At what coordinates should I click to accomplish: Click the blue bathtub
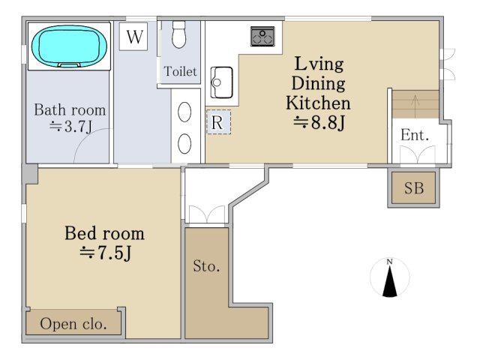[x=69, y=46]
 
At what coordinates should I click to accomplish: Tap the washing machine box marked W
[x=133, y=37]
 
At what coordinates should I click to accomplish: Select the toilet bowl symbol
[x=178, y=34]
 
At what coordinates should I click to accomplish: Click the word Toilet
[x=180, y=71]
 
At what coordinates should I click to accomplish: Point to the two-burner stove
[x=262, y=37]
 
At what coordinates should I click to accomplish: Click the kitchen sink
[x=222, y=82]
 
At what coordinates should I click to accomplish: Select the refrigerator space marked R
[x=218, y=122]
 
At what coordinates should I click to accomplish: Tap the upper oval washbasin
[x=184, y=112]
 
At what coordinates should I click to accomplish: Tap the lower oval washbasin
[x=184, y=144]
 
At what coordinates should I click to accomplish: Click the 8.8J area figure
[x=319, y=123]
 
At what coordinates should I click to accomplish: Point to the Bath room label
[x=70, y=109]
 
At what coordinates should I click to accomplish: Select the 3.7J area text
[x=70, y=127]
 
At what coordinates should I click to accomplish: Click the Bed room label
[x=104, y=233]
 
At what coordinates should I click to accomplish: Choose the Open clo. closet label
[x=73, y=324]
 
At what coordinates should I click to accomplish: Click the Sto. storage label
[x=206, y=266]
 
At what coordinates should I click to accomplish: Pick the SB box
[x=414, y=187]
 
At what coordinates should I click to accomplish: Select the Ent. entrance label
[x=415, y=135]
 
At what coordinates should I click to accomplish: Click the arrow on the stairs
[x=415, y=103]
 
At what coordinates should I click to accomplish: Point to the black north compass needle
[x=390, y=281]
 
